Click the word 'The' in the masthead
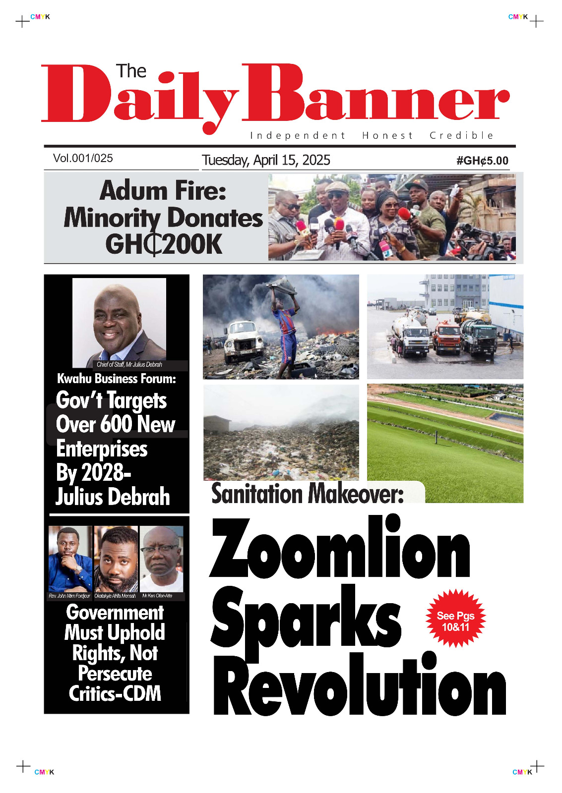[x=131, y=71]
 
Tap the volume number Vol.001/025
[x=83, y=159]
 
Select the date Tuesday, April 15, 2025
[x=266, y=160]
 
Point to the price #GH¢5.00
[x=482, y=161]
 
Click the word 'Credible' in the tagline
[x=461, y=135]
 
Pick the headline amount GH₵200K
[x=164, y=244]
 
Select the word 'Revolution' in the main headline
[x=359, y=685]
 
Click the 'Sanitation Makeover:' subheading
[x=308, y=494]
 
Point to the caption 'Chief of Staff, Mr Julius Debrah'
[x=129, y=365]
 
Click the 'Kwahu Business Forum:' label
[x=117, y=379]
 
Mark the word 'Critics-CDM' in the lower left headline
[x=115, y=694]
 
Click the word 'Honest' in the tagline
[x=387, y=135]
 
